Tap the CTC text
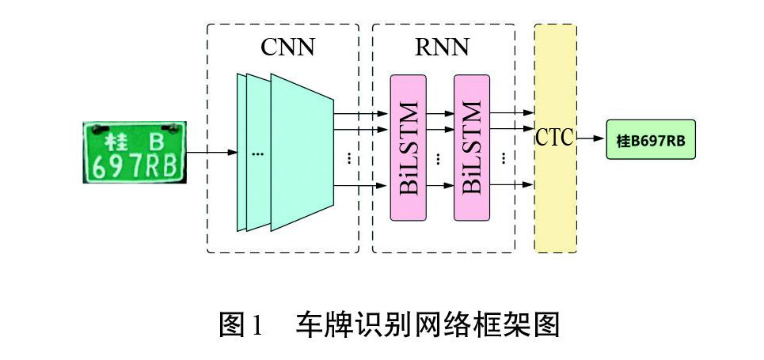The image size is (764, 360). pyautogui.click(x=554, y=138)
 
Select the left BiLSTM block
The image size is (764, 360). pyautogui.click(x=408, y=147)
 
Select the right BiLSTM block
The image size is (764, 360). pyautogui.click(x=471, y=147)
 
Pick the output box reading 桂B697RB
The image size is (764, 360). pyautogui.click(x=651, y=141)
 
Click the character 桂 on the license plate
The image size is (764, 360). pyautogui.click(x=117, y=142)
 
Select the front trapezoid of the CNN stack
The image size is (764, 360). pyautogui.click(x=301, y=152)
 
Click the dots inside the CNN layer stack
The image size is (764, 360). pyautogui.click(x=257, y=153)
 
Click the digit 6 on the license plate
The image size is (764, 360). pyautogui.click(x=99, y=165)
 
